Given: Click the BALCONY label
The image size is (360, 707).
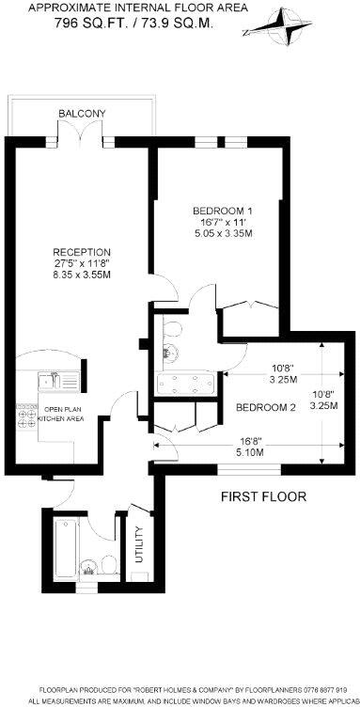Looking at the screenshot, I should (x=83, y=114).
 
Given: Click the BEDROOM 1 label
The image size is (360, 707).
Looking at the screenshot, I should (x=223, y=210).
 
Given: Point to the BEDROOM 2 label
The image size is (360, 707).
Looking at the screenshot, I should (x=266, y=407).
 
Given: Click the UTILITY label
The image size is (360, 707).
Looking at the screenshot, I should (x=138, y=545).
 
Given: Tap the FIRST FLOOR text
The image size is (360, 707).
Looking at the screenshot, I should (x=263, y=495).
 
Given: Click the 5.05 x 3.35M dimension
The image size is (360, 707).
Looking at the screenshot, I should (x=223, y=233).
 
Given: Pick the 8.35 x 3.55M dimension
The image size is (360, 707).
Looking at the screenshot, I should (x=82, y=275).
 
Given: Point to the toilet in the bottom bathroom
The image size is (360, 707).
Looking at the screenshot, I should (x=108, y=563).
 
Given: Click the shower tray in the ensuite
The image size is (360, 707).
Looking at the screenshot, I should (x=182, y=383).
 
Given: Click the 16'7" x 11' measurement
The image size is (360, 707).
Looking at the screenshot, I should (x=223, y=222).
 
